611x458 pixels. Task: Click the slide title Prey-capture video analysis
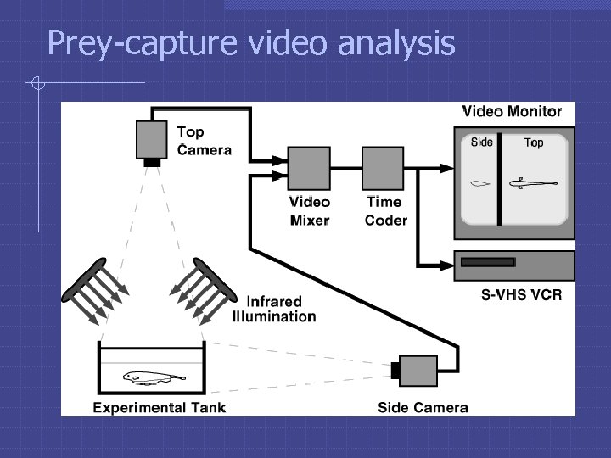(x=251, y=42)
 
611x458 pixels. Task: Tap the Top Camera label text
(x=203, y=141)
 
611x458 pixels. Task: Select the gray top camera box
(x=152, y=138)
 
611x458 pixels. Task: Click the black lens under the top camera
(x=152, y=162)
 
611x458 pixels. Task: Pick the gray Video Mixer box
(x=308, y=168)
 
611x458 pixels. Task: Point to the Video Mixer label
(x=309, y=211)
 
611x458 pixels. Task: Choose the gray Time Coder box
(x=383, y=168)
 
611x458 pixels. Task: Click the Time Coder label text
(x=385, y=211)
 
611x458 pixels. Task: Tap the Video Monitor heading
(x=512, y=112)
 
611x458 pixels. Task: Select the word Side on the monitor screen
(x=481, y=142)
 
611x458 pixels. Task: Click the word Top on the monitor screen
(x=534, y=142)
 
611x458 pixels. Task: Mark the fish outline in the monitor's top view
(x=532, y=182)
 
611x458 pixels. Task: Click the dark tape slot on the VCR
(x=487, y=262)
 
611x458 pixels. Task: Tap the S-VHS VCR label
(x=521, y=295)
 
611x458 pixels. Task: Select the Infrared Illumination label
(x=274, y=310)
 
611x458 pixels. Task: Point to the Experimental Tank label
(x=160, y=407)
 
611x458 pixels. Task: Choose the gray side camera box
(x=418, y=370)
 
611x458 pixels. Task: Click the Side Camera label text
(x=423, y=407)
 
